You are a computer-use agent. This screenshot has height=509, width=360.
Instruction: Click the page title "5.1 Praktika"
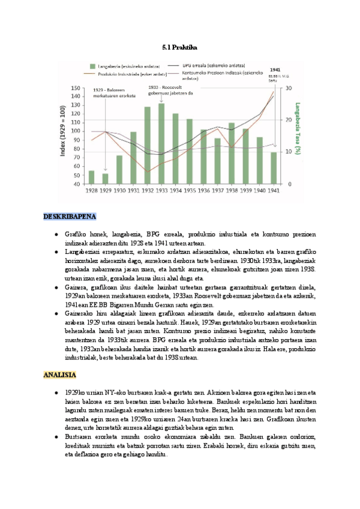[180, 46]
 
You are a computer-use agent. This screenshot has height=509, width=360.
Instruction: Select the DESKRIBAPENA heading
[70, 217]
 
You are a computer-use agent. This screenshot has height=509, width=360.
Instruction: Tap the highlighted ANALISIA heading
[59, 375]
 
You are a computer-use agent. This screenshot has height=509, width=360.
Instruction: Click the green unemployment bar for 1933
[161, 144]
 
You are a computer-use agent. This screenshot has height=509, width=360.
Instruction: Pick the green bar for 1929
[105, 178]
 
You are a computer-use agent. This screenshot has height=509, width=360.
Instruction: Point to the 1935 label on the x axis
[189, 190]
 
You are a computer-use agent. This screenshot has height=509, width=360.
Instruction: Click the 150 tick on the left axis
[76, 88]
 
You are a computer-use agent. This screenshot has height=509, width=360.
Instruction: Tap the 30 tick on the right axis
[289, 88]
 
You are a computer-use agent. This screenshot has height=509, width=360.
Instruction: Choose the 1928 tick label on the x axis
[91, 190]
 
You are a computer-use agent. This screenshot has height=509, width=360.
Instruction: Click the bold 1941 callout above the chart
[275, 69]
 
